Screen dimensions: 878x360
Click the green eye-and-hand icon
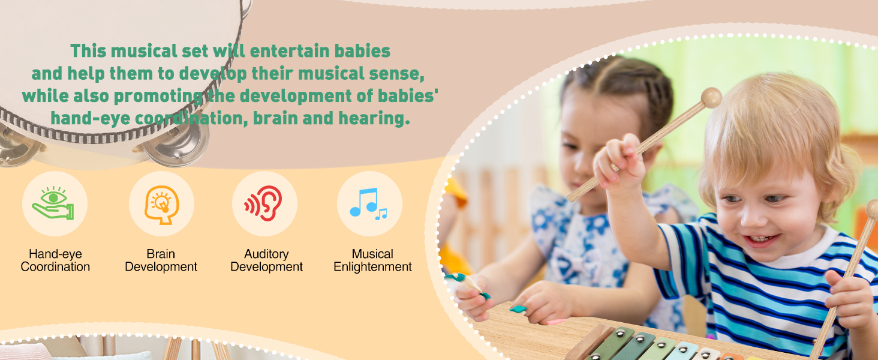point(53,203)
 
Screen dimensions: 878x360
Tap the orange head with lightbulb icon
point(162,205)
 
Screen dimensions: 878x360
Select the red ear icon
point(263,203)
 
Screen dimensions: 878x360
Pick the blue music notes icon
point(368,203)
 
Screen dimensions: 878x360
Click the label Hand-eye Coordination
point(55,260)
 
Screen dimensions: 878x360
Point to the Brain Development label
point(161,260)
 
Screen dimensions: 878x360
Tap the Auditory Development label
point(266,260)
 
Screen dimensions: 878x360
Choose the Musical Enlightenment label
point(372,260)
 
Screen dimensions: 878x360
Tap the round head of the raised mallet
point(711,98)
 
